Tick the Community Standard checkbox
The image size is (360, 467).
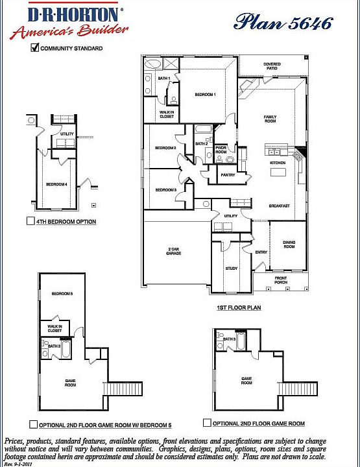click(35, 48)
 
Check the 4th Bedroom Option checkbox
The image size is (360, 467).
click(30, 221)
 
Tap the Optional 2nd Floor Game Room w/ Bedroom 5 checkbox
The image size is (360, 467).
click(33, 425)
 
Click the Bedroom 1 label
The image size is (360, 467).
click(205, 95)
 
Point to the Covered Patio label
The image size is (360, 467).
click(272, 66)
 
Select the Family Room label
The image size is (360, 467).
click(270, 119)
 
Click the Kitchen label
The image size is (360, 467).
click(278, 162)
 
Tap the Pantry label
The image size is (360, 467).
click(228, 174)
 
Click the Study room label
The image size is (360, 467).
click(230, 267)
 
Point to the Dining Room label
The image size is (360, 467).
click(289, 245)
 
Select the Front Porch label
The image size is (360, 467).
click(280, 280)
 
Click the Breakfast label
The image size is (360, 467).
click(280, 206)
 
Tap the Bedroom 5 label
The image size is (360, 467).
click(62, 294)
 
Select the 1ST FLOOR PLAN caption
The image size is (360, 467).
click(239, 307)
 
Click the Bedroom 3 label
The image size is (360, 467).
click(165, 189)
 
